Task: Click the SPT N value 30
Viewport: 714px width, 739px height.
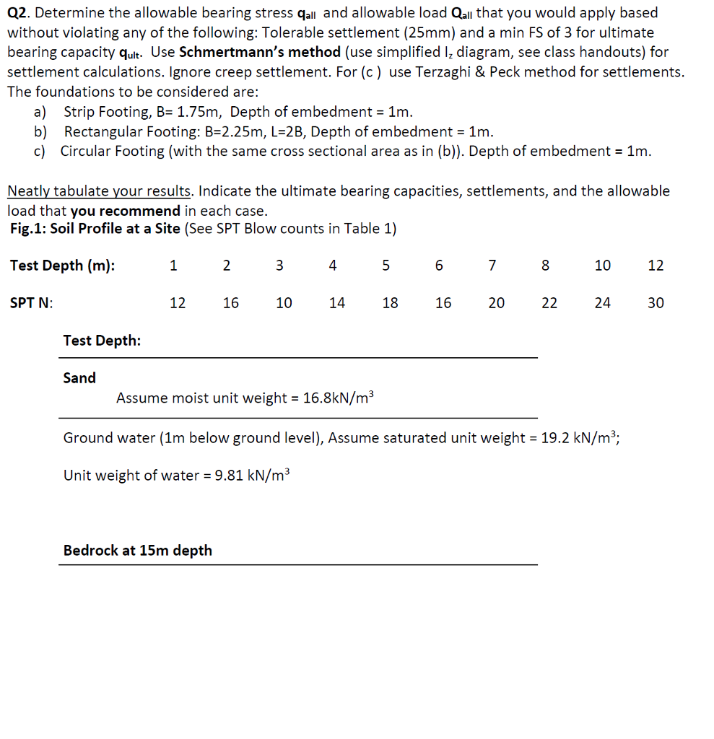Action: (656, 303)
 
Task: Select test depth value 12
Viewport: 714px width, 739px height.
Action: (656, 266)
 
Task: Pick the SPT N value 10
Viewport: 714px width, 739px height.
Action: (284, 303)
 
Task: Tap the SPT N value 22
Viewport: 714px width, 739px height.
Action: (549, 303)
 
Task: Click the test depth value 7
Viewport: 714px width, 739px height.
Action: (492, 266)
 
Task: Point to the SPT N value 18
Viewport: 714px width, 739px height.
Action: (390, 303)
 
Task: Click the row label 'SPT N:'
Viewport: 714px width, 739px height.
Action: (31, 303)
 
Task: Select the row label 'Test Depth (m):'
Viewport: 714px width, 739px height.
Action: (62, 266)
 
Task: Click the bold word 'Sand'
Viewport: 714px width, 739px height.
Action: (79, 378)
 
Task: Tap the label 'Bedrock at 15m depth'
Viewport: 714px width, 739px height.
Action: (138, 551)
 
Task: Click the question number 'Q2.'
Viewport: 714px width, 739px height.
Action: (22, 13)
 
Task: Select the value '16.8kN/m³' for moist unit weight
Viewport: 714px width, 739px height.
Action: (339, 398)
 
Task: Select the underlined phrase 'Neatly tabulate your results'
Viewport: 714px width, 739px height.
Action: (100, 191)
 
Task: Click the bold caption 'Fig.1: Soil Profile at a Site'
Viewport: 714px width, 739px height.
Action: (95, 229)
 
